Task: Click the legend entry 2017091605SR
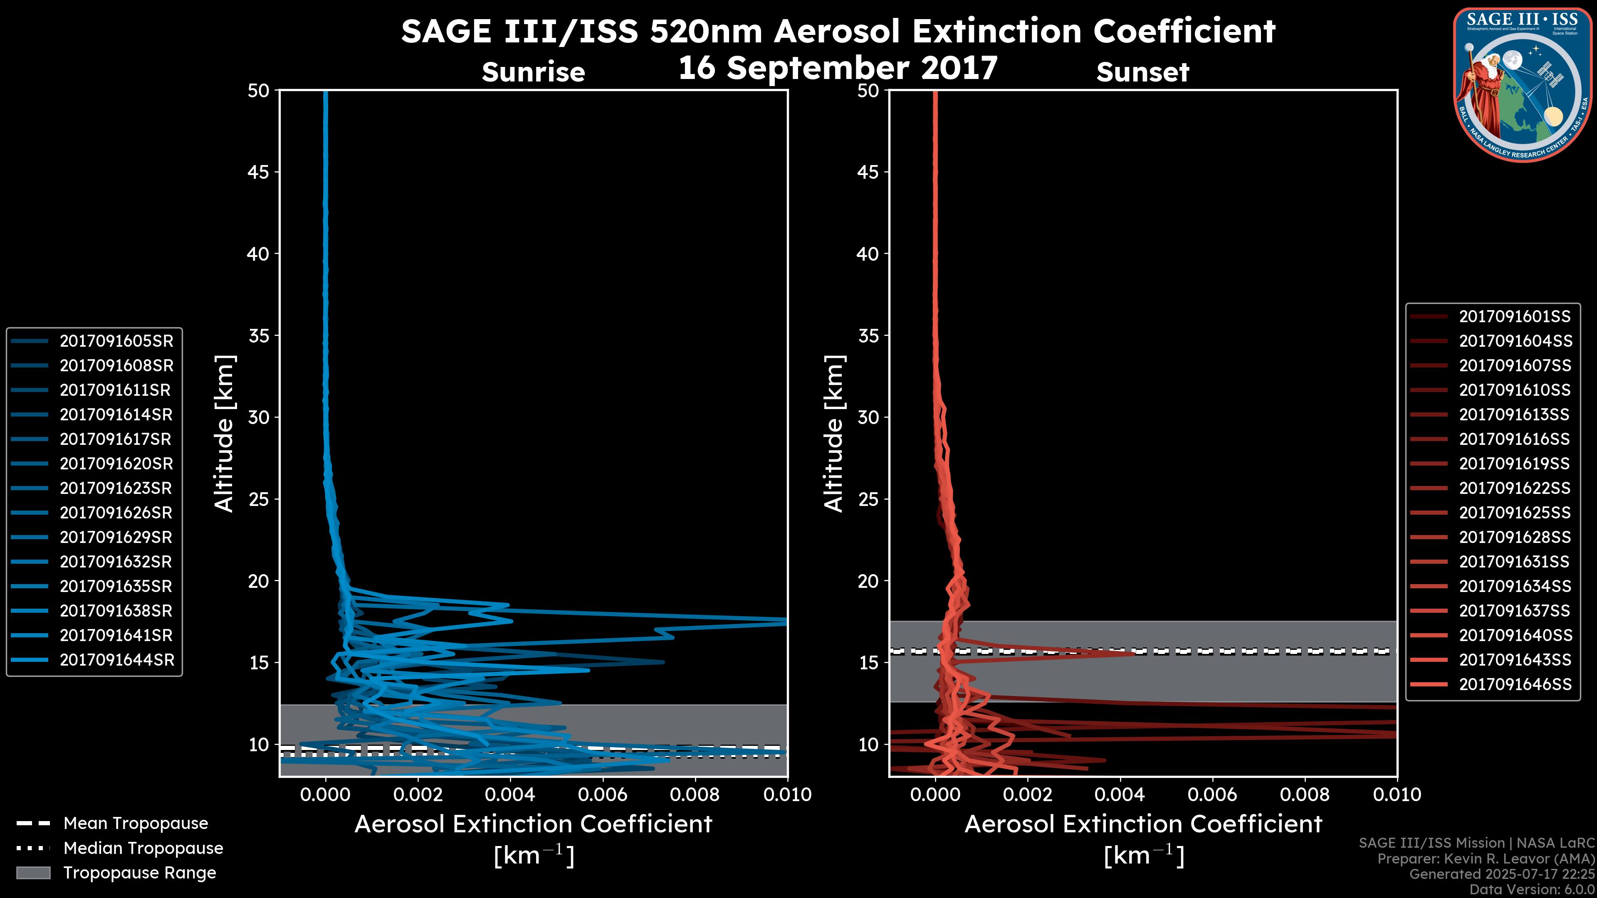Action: click(x=116, y=341)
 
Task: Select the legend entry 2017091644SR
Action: click(x=116, y=660)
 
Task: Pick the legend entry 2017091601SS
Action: click(x=1515, y=317)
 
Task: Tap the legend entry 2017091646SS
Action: click(x=1515, y=684)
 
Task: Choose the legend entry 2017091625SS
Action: click(x=1515, y=513)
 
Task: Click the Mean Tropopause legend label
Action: click(x=136, y=823)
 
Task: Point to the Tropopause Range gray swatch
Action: click(x=33, y=873)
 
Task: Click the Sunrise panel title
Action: click(x=533, y=72)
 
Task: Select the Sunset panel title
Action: click(x=1142, y=72)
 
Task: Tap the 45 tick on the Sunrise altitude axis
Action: click(x=259, y=172)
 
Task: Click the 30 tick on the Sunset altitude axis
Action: click(x=868, y=417)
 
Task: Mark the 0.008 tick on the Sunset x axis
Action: click(x=1305, y=794)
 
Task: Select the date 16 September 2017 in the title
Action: click(x=838, y=67)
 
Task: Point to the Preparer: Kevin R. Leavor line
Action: click(x=1486, y=859)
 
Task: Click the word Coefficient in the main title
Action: click(x=1184, y=31)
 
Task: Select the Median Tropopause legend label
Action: click(x=143, y=848)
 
